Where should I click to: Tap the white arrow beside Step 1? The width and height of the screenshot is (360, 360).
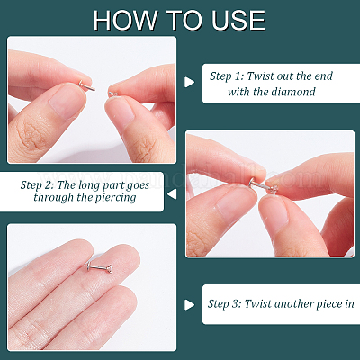tap(189, 82)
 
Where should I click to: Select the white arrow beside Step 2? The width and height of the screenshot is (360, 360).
tap(172, 194)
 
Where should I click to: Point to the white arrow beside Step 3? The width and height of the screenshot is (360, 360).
tap(189, 305)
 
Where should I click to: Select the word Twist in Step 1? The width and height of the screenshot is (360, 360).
tap(260, 76)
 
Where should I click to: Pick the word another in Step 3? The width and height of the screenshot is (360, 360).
tap(294, 304)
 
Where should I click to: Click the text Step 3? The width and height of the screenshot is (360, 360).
tap(224, 304)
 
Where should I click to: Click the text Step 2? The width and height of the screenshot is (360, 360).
tap(37, 185)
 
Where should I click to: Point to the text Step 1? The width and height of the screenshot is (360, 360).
tap(227, 76)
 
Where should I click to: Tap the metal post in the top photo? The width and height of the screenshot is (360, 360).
tap(86, 85)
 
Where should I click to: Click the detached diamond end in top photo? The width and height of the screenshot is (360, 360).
tap(112, 94)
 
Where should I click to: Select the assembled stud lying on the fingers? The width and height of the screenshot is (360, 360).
tap(99, 267)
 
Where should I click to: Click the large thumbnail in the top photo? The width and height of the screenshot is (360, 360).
tap(67, 102)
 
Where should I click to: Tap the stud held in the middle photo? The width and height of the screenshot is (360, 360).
tap(264, 185)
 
